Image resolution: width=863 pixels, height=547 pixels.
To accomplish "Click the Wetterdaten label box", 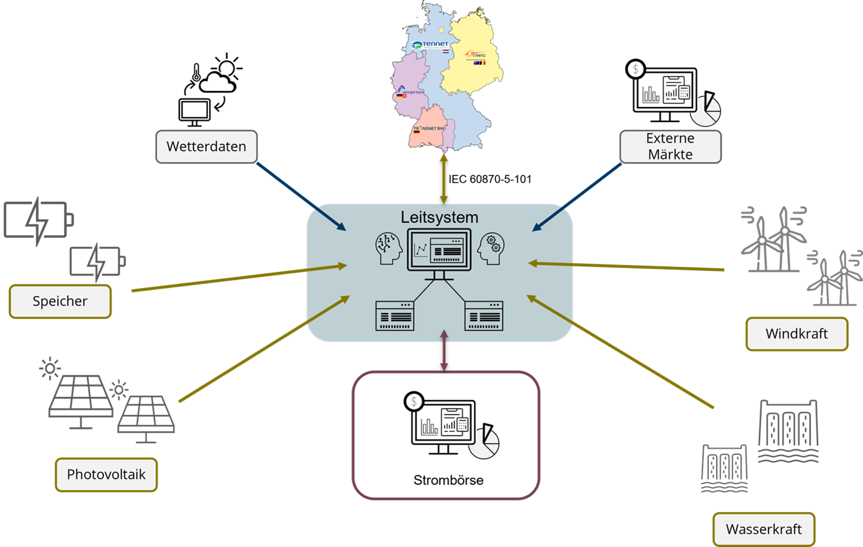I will tap(206, 147).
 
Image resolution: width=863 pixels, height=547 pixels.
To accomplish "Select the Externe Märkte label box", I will tap(670, 147).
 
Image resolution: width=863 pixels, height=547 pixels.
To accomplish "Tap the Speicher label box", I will tap(60, 301).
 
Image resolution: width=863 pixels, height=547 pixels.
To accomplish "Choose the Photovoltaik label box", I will tap(106, 474).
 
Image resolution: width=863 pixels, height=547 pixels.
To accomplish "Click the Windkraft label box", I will tap(796, 334).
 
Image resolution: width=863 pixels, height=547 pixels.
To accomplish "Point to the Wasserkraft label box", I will tap(763, 530).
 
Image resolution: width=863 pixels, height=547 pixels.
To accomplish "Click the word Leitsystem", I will tap(440, 217).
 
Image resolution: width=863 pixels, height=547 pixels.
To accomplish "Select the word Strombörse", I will tap(448, 480).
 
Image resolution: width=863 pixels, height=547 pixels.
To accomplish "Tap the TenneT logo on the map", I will tap(430, 45).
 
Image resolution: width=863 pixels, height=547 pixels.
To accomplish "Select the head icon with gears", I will tap(491, 248).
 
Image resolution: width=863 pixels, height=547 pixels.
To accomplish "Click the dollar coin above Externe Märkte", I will tap(636, 69).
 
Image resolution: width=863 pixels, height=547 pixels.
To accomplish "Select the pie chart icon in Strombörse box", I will tap(484, 442).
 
